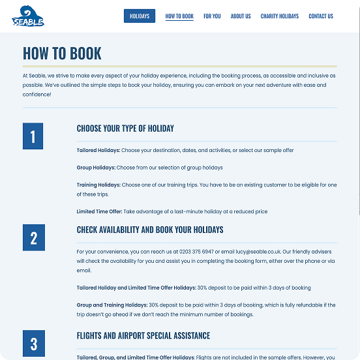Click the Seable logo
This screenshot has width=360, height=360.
[28, 17]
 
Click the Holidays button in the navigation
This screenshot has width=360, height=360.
[140, 16]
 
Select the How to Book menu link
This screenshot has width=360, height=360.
[179, 16]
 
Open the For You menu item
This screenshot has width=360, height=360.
[212, 16]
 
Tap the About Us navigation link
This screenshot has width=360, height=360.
[241, 16]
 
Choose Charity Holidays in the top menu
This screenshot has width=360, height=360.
[280, 16]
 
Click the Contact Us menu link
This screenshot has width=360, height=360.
[321, 16]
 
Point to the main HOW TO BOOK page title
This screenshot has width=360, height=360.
[63, 53]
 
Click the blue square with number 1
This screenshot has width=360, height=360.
[33, 136]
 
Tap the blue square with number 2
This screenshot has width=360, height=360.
[33, 237]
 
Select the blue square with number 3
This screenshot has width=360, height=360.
[33, 343]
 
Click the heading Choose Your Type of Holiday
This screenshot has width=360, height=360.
[125, 128]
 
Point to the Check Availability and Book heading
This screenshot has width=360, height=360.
[150, 230]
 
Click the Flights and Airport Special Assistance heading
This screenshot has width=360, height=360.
[143, 336]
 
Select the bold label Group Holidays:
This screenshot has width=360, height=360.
[96, 168]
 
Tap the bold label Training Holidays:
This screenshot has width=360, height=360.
[98, 185]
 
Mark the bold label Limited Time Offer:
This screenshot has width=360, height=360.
[99, 211]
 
